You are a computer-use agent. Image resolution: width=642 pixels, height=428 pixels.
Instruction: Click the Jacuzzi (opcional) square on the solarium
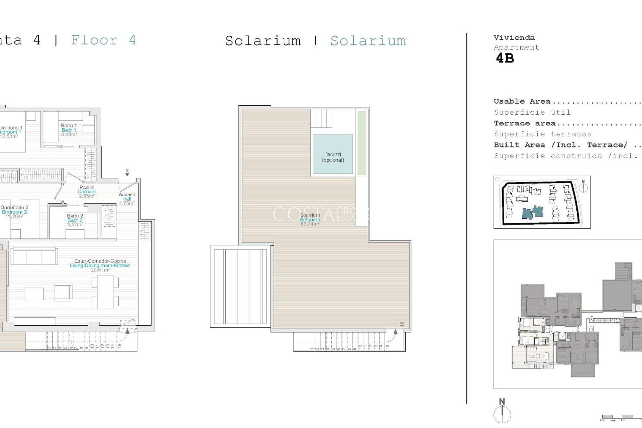click(333, 154)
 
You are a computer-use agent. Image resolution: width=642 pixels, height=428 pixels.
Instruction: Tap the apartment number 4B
click(505, 59)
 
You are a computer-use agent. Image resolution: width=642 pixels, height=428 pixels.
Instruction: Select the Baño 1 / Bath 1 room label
click(69, 130)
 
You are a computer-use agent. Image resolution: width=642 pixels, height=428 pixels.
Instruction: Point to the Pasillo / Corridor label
click(87, 192)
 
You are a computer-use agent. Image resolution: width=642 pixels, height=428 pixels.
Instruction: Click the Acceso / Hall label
click(127, 199)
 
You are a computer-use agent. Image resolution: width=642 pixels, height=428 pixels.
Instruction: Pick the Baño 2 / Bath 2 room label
click(75, 220)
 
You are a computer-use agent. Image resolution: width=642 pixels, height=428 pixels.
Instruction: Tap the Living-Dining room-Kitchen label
click(100, 265)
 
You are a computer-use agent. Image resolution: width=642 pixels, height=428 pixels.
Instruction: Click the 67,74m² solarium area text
click(310, 224)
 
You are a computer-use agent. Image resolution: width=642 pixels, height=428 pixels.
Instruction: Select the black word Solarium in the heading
click(263, 41)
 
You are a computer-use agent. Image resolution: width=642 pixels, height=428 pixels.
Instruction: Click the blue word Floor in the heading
click(94, 40)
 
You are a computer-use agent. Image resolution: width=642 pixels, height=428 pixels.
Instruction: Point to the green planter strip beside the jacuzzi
click(361, 143)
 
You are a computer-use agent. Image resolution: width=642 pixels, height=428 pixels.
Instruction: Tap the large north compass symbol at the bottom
click(502, 414)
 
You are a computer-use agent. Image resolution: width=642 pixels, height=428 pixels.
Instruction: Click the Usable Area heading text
click(522, 101)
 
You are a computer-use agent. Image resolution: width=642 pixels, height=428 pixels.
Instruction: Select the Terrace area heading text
click(525, 123)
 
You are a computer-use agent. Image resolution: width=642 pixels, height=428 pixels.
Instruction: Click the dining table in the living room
click(105, 292)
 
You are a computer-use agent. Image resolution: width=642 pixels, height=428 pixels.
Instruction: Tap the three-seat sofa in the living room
click(34, 256)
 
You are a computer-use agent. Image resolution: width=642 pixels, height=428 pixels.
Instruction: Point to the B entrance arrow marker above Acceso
click(127, 173)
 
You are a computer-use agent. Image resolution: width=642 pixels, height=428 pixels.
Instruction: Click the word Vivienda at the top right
click(514, 38)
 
